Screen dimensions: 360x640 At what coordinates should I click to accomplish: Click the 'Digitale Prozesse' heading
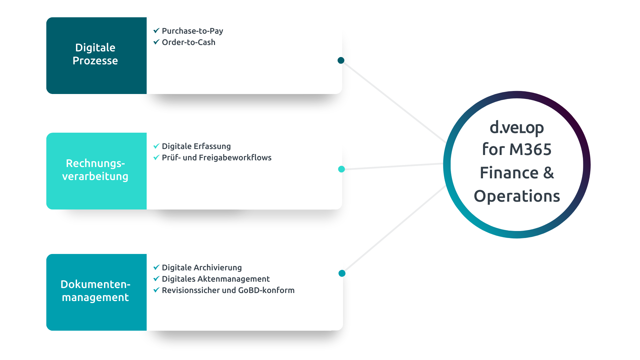[x=95, y=54]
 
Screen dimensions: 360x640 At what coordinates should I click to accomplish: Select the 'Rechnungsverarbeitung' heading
[x=95, y=170]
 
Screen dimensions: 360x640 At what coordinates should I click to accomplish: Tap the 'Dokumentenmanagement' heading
[x=95, y=291]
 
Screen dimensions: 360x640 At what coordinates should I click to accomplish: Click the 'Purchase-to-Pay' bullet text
[x=192, y=31]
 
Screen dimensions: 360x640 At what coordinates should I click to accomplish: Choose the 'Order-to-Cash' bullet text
[x=188, y=42]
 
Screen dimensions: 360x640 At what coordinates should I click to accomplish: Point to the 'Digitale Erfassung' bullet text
[x=196, y=146]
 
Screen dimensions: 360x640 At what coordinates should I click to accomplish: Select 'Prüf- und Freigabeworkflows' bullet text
[x=217, y=158]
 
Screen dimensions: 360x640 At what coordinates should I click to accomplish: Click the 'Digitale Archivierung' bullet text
[x=202, y=268]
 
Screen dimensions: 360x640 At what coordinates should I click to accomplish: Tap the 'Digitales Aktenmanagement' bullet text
[x=216, y=279]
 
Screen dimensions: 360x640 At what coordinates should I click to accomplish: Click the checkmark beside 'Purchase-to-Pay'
[x=156, y=31]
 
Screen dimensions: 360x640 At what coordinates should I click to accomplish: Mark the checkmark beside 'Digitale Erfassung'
[x=156, y=146]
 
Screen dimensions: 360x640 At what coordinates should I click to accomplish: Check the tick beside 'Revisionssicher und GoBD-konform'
[x=156, y=290]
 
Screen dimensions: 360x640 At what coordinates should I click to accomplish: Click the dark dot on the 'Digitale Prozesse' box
[x=341, y=60]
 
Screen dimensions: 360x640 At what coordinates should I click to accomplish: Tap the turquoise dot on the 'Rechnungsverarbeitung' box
[x=341, y=169]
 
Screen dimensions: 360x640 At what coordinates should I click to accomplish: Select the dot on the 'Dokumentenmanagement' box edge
[x=342, y=273]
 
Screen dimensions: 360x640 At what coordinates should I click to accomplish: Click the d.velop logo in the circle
[x=517, y=128]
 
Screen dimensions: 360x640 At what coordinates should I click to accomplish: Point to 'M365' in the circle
[x=530, y=149]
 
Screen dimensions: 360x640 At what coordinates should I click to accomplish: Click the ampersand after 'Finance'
[x=549, y=173]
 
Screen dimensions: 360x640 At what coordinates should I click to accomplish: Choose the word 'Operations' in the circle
[x=517, y=196]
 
